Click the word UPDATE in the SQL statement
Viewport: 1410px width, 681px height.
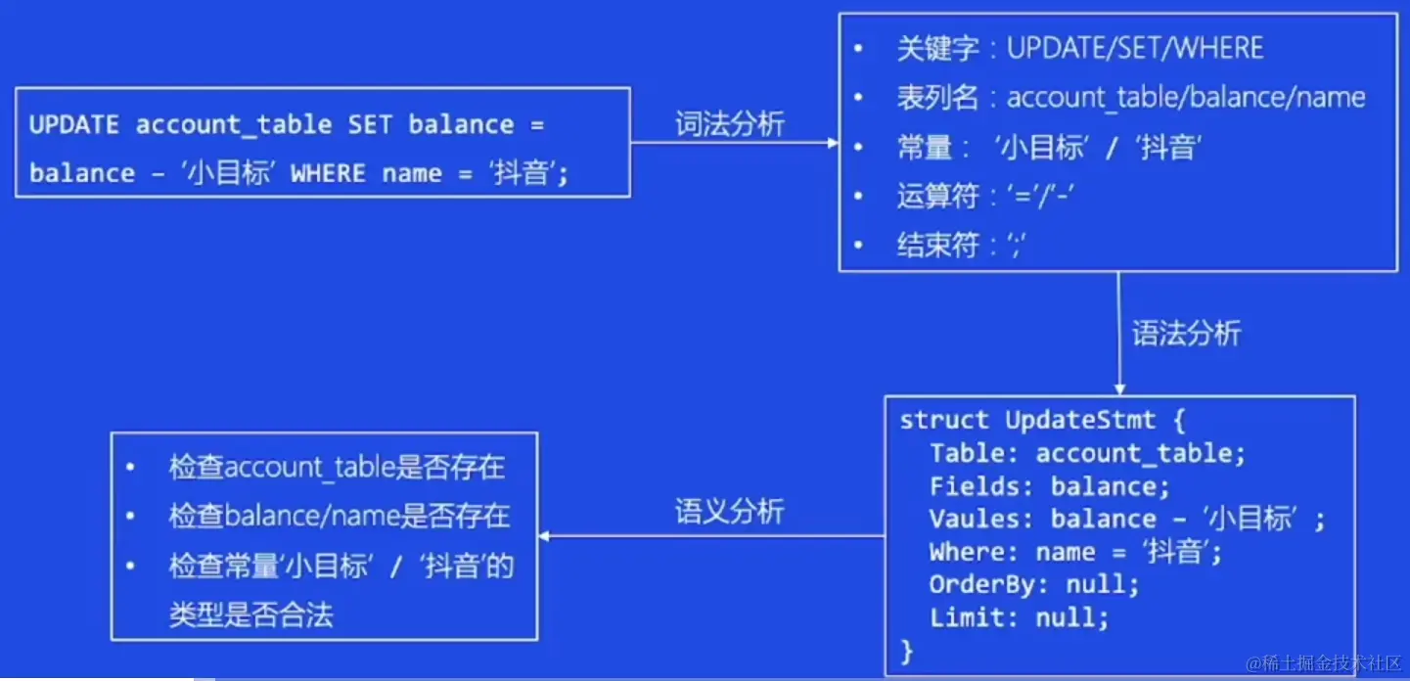click(x=74, y=125)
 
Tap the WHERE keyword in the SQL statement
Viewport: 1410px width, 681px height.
click(x=329, y=173)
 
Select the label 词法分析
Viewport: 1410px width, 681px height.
click(x=729, y=124)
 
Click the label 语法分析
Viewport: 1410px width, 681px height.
click(x=1186, y=334)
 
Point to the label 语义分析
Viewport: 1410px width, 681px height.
click(x=729, y=512)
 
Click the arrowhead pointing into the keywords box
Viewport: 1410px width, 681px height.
click(x=833, y=143)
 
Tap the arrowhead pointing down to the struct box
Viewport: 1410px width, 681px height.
click(x=1119, y=388)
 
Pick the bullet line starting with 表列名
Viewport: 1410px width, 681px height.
click(x=1130, y=98)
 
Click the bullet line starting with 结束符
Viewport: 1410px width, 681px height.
click(x=960, y=246)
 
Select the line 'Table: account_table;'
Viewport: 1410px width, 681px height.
click(x=1087, y=453)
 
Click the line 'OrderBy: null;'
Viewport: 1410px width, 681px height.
click(x=1034, y=585)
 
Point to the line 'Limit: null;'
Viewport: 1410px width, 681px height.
click(x=1019, y=618)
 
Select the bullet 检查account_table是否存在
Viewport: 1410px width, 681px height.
click(x=337, y=468)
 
